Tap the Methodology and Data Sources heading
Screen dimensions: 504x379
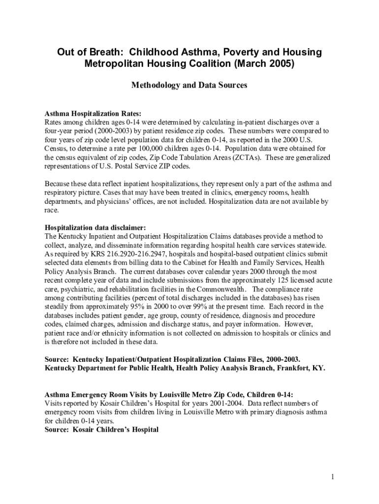pyautogui.click(x=189, y=85)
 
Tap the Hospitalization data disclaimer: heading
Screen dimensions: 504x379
pyautogui.click(x=95, y=227)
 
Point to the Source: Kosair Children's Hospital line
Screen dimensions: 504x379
pyautogui.click(x=102, y=430)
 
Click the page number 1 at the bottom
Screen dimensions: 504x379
pyautogui.click(x=333, y=476)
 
